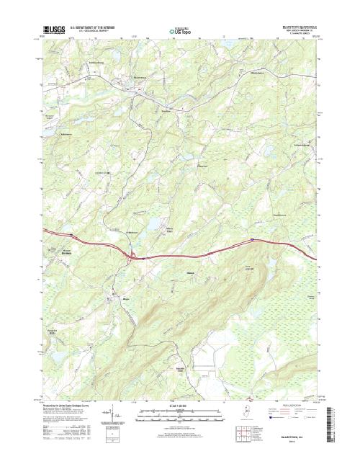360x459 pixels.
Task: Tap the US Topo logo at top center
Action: point(180,32)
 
